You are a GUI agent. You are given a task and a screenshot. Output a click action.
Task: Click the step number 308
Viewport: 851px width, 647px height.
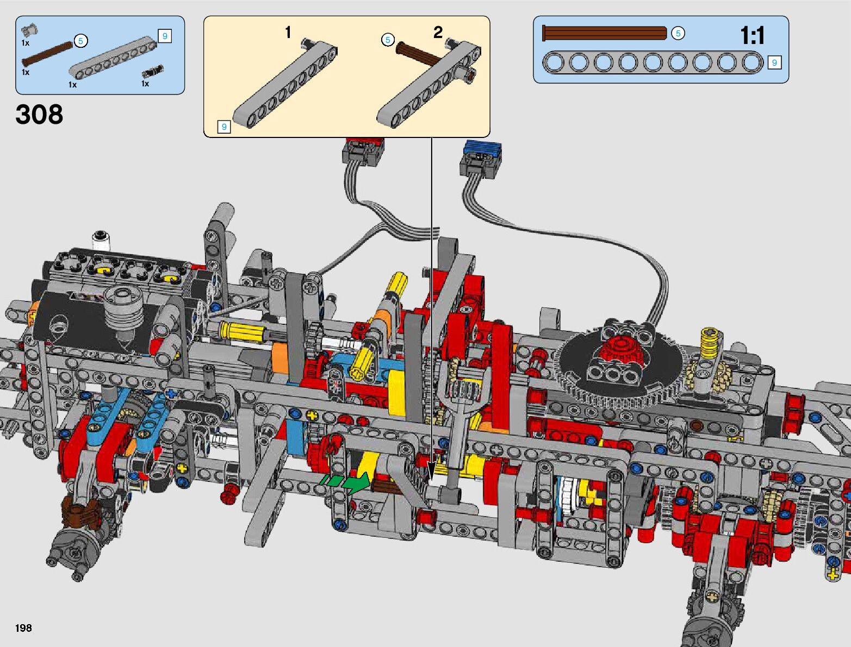(x=39, y=114)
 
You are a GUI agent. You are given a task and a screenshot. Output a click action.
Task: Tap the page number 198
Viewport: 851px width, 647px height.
(x=23, y=627)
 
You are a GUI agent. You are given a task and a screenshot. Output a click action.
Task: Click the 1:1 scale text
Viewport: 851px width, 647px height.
(x=752, y=36)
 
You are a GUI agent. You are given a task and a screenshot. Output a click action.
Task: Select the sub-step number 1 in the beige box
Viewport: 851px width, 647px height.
(x=288, y=32)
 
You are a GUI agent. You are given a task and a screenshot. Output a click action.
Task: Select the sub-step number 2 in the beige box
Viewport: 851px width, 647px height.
(x=438, y=32)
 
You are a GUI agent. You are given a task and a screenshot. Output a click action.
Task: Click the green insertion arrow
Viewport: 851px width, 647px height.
(x=344, y=483)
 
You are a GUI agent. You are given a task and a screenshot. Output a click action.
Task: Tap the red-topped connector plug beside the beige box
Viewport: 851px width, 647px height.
(x=363, y=152)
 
